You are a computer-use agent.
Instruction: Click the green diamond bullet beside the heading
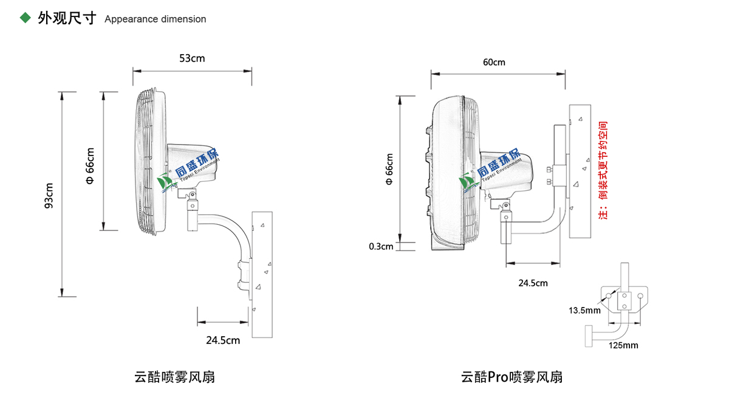tap(26, 18)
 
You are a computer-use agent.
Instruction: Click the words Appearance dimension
tap(155, 19)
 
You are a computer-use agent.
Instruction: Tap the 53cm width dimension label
tap(192, 58)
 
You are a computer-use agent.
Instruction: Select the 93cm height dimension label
tap(49, 195)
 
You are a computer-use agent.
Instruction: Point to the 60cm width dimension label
tap(494, 63)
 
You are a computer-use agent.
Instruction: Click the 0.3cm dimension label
tap(381, 246)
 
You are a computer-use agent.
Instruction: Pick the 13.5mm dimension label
tap(584, 311)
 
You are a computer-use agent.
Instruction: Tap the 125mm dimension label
tap(623, 345)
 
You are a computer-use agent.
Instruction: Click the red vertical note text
tap(603, 170)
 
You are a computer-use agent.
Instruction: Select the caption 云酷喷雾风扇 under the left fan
tap(174, 377)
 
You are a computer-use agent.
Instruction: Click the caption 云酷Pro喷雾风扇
tap(512, 377)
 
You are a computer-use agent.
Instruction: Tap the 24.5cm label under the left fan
tap(223, 340)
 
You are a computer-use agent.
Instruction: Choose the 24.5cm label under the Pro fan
tap(533, 283)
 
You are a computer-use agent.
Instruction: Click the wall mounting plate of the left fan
tap(263, 274)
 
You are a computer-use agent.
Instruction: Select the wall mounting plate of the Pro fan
tap(580, 171)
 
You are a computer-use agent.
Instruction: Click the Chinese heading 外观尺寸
tap(67, 18)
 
